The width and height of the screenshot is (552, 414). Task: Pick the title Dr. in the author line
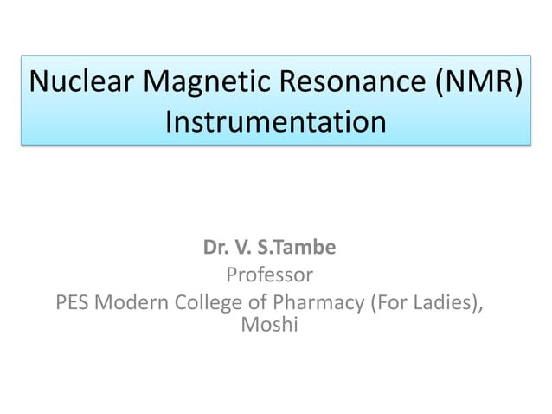[215, 249]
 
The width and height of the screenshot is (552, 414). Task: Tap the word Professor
[269, 275]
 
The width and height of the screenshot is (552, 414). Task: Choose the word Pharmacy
[312, 303]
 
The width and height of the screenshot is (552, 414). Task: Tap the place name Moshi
[269, 326]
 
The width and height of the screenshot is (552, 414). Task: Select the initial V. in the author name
[243, 249]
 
